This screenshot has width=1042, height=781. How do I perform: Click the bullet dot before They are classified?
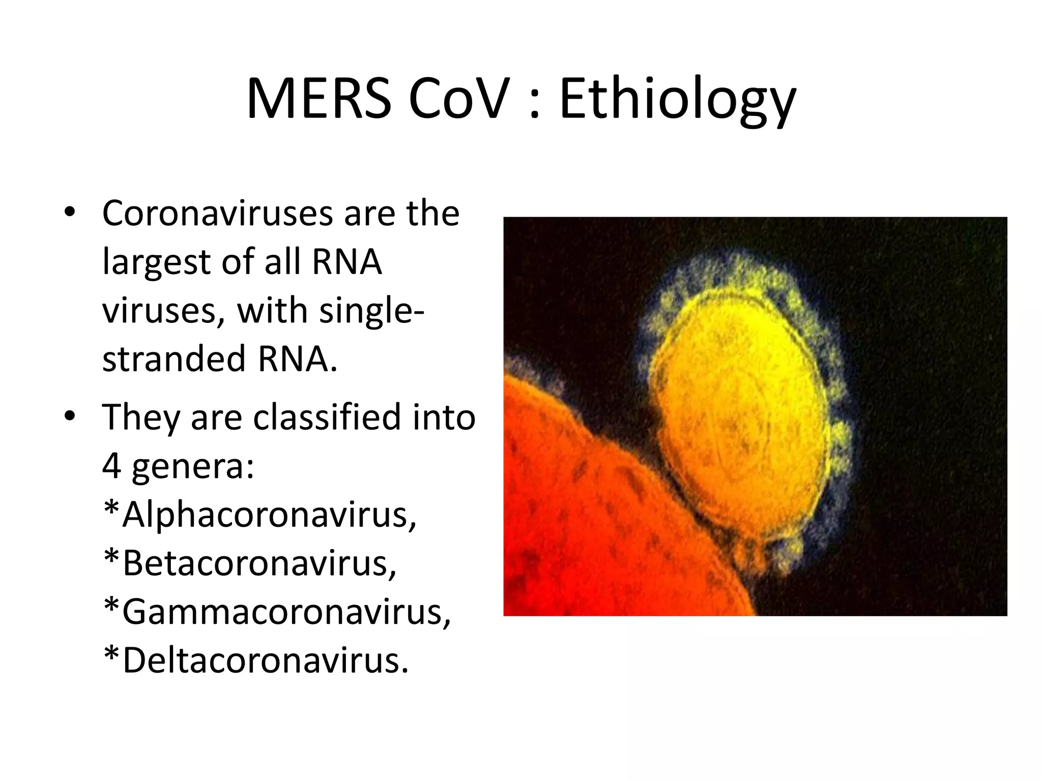click(x=70, y=416)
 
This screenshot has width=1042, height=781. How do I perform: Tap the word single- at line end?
click(x=371, y=311)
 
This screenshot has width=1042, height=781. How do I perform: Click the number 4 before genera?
click(x=111, y=466)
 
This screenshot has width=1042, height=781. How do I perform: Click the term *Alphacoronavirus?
click(x=259, y=515)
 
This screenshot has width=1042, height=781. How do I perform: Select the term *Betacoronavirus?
click(x=249, y=563)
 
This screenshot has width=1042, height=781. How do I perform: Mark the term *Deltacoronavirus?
click(x=255, y=661)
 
